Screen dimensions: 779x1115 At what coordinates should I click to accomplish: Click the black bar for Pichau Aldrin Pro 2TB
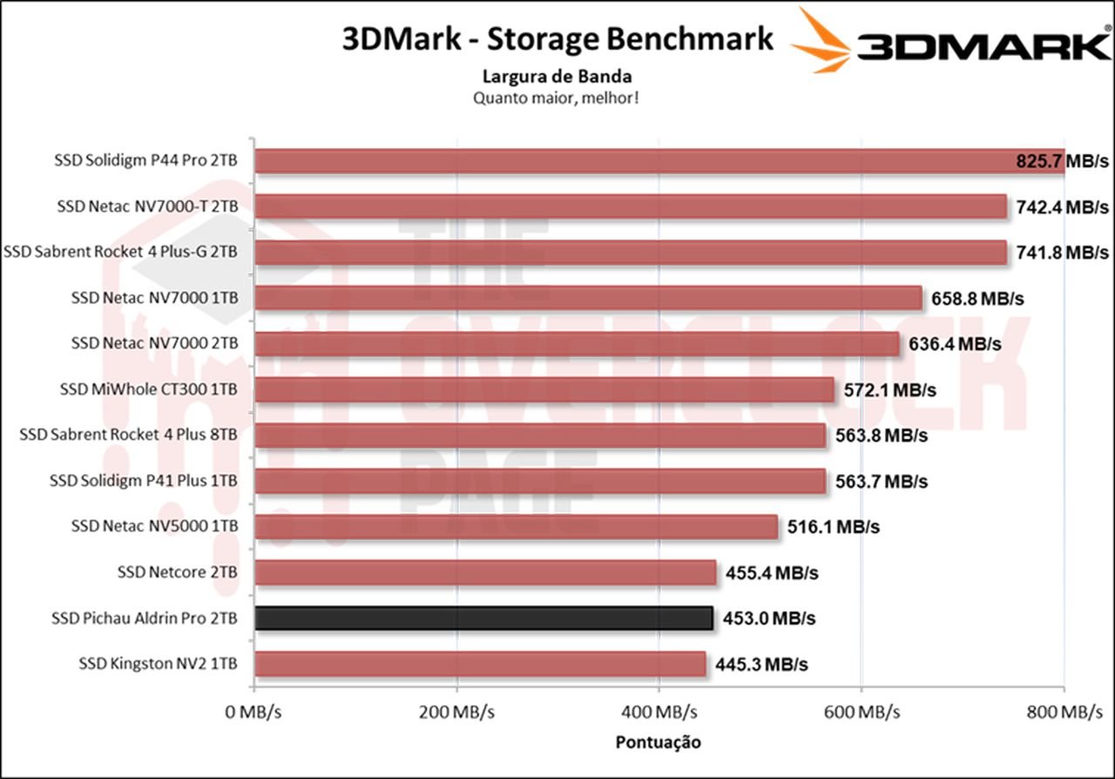pyautogui.click(x=483, y=618)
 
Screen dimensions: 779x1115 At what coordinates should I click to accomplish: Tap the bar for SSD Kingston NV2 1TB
pyautogui.click(x=480, y=664)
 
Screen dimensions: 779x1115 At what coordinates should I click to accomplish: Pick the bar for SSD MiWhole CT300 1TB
pyautogui.click(x=544, y=389)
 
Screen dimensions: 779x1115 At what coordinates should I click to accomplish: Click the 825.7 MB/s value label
pyautogui.click(x=1062, y=161)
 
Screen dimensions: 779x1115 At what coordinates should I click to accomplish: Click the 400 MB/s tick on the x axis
pyautogui.click(x=659, y=712)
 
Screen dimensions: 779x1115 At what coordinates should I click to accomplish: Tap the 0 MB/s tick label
pyautogui.click(x=253, y=712)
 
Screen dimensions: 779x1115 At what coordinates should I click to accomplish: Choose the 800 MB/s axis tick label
pyautogui.click(x=1064, y=712)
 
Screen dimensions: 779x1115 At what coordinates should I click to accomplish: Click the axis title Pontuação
pyautogui.click(x=659, y=742)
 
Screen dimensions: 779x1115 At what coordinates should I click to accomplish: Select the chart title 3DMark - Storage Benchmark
pyautogui.click(x=558, y=39)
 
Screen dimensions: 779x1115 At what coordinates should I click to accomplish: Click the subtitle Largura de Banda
pyautogui.click(x=557, y=76)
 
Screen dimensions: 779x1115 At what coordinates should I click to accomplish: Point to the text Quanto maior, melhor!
pyautogui.click(x=557, y=98)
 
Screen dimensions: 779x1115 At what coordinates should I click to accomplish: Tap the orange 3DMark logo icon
pyautogui.click(x=822, y=41)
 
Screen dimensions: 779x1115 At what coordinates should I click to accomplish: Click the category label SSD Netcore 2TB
pyautogui.click(x=178, y=572)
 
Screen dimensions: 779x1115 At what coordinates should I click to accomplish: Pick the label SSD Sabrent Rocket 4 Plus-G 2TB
pyautogui.click(x=121, y=252)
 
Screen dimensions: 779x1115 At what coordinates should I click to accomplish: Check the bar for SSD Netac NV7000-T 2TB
pyautogui.click(x=631, y=207)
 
